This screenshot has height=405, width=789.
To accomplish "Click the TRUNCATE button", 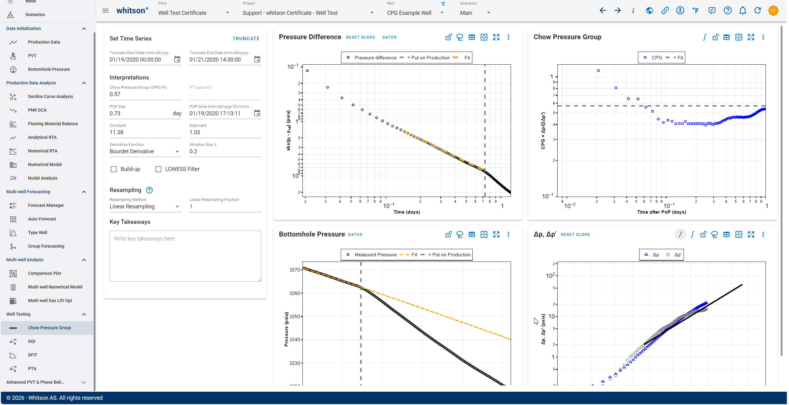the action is point(246,39).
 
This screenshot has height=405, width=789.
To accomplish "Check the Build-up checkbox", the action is point(114,169).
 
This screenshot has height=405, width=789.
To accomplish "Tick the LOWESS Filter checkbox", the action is point(158,169).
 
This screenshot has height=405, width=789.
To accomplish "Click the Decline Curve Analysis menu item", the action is point(50,96).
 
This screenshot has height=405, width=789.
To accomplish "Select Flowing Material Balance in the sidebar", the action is point(53,124).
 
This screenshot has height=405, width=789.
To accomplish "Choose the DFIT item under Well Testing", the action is point(32,355).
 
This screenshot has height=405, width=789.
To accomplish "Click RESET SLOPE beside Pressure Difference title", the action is point(361,37).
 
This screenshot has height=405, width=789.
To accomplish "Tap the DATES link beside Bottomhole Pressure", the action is point(355,235).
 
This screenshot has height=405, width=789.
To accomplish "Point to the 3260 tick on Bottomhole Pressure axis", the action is point(294,293).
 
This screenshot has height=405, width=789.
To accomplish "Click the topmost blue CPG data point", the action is point(598,71).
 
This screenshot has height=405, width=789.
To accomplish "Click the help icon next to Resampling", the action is point(149,190).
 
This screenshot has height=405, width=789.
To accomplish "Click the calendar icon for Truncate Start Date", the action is point(177,59).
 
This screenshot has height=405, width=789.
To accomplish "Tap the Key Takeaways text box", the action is point(185,256).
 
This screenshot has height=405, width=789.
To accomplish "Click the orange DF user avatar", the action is point(773,11).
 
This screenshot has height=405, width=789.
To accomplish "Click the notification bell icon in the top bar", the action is point(743,11).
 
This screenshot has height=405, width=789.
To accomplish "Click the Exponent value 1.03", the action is point(195,132).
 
